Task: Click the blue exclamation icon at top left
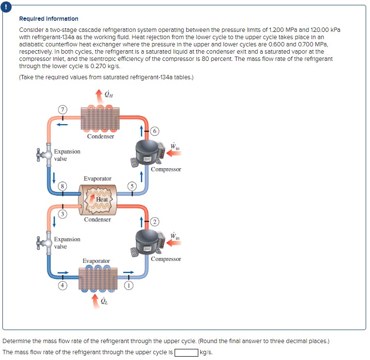point(5,5)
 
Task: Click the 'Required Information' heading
point(48,19)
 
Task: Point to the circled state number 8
point(62,186)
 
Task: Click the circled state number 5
point(130,186)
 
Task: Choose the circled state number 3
point(62,214)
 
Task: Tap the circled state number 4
point(62,285)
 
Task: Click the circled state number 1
point(130,285)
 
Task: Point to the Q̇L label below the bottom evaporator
point(104,302)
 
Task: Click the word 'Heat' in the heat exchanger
point(102,200)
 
